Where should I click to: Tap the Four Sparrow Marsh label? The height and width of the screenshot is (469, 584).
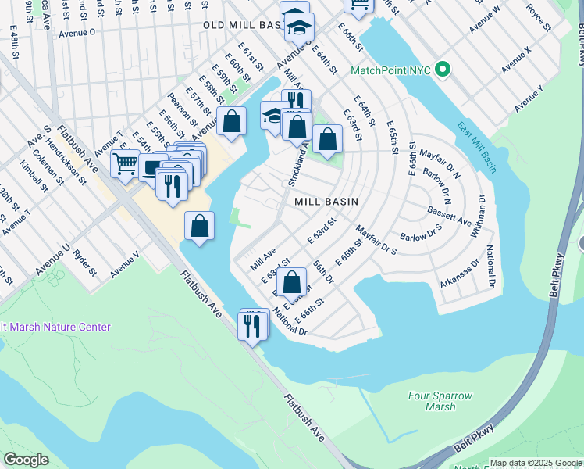[x=440, y=401]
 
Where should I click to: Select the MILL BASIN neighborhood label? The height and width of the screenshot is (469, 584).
[x=326, y=202]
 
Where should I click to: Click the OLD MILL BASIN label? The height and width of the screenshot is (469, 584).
[x=241, y=25]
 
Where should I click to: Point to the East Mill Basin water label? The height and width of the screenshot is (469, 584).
[x=476, y=149]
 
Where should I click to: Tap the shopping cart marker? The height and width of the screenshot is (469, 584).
[x=125, y=164]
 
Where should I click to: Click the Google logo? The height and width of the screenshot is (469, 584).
[x=26, y=460]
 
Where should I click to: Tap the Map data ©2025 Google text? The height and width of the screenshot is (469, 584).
[x=535, y=463]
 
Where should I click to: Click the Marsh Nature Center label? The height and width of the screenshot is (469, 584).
[x=55, y=327]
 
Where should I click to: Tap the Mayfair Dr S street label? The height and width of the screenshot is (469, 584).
[x=376, y=241]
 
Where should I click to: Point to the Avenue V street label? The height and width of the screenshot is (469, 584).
[x=125, y=264]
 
